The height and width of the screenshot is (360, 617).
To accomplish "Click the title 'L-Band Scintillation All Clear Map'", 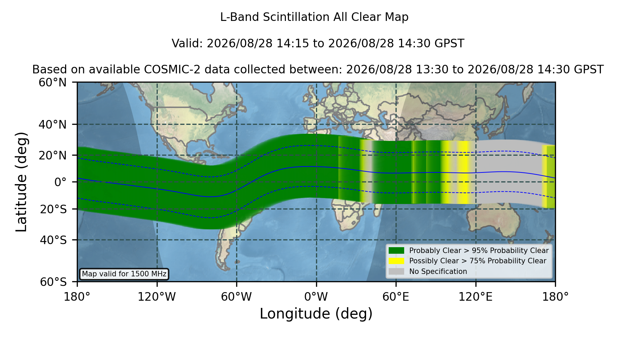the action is pos(314,17).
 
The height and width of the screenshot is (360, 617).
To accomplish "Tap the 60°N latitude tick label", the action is pos(52,82).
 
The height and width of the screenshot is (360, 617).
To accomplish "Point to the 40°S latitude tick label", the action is pos(53,240).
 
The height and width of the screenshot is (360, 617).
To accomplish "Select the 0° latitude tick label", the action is pos(60,182).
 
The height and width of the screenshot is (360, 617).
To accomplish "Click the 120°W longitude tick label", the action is pos(157,297).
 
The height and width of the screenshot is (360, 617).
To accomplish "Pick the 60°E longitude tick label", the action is pos(396,297).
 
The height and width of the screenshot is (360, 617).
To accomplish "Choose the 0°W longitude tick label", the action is pos(316,297).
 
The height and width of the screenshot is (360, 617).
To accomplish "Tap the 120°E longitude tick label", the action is pos(476,297).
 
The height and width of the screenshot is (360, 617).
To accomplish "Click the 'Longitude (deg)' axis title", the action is pos(316,314).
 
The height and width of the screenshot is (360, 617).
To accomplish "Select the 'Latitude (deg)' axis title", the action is pos(22,182).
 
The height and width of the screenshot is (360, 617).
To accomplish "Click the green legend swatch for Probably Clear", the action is pos(396,251).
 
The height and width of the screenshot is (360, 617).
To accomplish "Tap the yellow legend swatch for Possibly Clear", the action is pos(396,261).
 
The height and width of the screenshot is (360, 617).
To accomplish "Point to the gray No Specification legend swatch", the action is pos(396,272).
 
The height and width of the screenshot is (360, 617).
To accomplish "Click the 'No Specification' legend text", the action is pos(438,272).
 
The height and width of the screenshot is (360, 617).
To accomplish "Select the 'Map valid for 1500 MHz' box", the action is pos(124,274).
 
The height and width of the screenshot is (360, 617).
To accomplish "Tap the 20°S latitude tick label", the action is pos(53,209).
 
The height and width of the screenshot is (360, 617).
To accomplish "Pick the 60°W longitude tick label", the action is pos(237,297).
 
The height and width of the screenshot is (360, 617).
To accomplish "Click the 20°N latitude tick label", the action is pos(52,155).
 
